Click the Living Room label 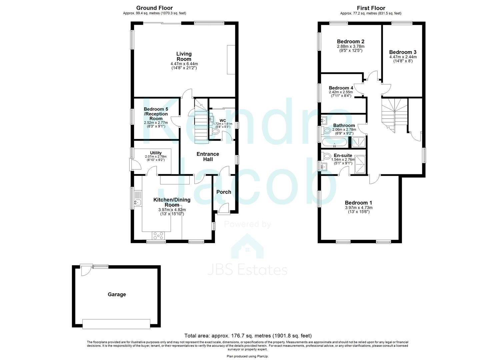coord(184,56)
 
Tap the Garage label coord(117,294)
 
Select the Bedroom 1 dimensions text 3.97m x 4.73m coord(359,208)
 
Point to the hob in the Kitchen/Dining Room coord(158,236)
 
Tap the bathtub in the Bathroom coord(335,143)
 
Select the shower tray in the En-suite coord(360,164)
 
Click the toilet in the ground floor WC coord(215,132)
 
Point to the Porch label coord(224,192)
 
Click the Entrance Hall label coord(208,156)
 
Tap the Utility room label coord(156,153)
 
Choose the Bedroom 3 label coord(403,52)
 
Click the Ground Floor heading coord(154,8)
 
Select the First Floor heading coord(371,8)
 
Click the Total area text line coord(248,336)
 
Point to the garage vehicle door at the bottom coord(116,324)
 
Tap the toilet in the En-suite coord(326,156)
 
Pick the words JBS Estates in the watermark coord(247,270)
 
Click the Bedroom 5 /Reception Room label coord(156,114)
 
